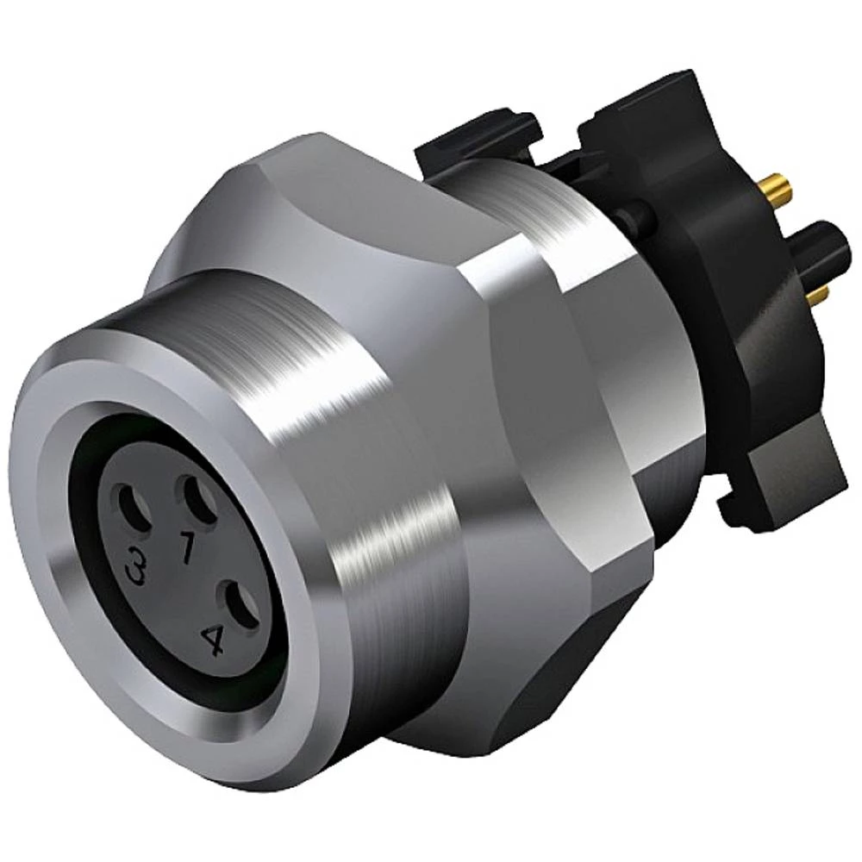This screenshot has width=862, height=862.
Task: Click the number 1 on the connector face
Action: [x=185, y=547]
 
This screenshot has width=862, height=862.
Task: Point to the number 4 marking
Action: [x=212, y=640]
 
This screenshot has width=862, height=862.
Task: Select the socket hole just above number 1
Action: [x=195, y=499]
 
